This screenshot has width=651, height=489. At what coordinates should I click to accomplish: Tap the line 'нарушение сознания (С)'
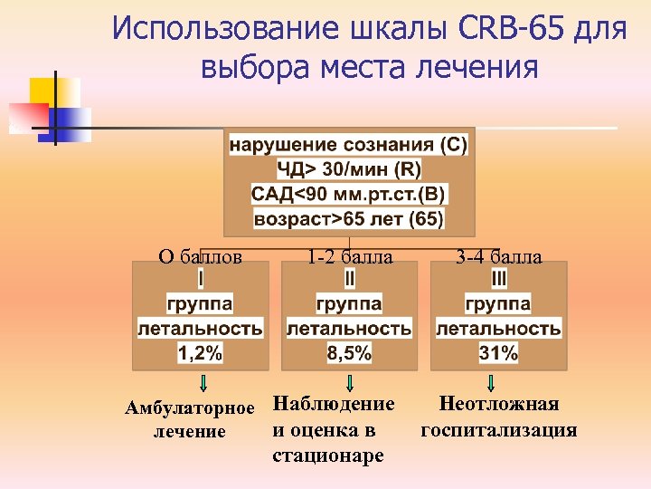coord(349,145)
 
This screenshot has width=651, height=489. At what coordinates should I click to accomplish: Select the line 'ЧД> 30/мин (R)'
coord(349,169)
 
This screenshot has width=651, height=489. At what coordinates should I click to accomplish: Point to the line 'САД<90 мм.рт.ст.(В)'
coord(349,194)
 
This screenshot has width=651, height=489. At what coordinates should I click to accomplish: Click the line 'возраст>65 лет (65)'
coord(349,219)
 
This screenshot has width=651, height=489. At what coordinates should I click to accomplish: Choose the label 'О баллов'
coord(200,257)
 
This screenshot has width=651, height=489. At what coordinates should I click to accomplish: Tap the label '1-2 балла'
coord(349,257)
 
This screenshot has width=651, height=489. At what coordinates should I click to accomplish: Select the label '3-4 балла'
coord(499,257)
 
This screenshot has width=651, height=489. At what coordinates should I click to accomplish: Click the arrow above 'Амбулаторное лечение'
coord(204,383)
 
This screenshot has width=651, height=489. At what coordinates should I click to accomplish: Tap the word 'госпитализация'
coord(499,429)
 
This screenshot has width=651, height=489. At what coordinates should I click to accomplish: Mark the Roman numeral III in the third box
coord(499,278)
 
